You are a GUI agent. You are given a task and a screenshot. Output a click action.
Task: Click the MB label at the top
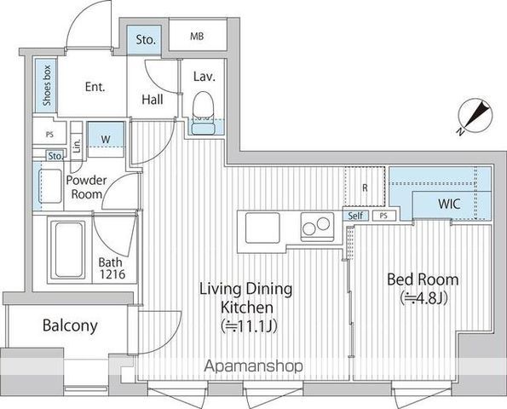pyautogui.click(x=197, y=36)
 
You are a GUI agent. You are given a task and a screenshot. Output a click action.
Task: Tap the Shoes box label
pyautogui.click(x=47, y=85)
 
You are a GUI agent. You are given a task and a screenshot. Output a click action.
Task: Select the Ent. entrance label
pyautogui.click(x=95, y=87)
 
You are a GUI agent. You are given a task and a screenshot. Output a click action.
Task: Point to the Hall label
pyautogui.click(x=153, y=100)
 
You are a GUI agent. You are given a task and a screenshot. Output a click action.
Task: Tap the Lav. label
pyautogui.click(x=205, y=77)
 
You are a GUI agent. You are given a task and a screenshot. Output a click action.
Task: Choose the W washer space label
pyautogui.click(x=106, y=140)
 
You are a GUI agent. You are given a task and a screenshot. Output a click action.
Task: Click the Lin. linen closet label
pyautogui.click(x=77, y=146)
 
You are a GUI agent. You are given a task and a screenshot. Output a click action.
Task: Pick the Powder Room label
pyautogui.click(x=86, y=187)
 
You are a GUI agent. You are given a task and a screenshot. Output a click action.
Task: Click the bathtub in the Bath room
pyautogui.click(x=68, y=250)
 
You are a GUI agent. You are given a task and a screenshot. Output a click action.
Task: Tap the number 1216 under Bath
pyautogui.click(x=112, y=274)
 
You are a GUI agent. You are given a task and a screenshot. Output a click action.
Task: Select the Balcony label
pyautogui.click(x=70, y=325)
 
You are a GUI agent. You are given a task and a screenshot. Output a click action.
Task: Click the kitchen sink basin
pyautogui.click(x=262, y=228)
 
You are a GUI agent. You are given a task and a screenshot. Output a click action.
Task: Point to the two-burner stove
pyautogui.click(x=317, y=227)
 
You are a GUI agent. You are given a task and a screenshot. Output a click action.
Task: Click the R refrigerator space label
pyautogui.click(x=365, y=187)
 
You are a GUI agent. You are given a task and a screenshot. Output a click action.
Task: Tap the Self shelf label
pyautogui.click(x=355, y=216)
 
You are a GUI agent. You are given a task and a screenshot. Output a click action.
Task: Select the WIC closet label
pyautogui.click(x=449, y=204)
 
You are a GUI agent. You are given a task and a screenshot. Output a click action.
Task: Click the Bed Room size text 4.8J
pyautogui.click(x=423, y=298)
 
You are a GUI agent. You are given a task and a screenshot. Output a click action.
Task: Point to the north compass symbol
pyautogui.click(x=475, y=115)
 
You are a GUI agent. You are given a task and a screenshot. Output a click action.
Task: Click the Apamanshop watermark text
pyautogui.click(x=254, y=366)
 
